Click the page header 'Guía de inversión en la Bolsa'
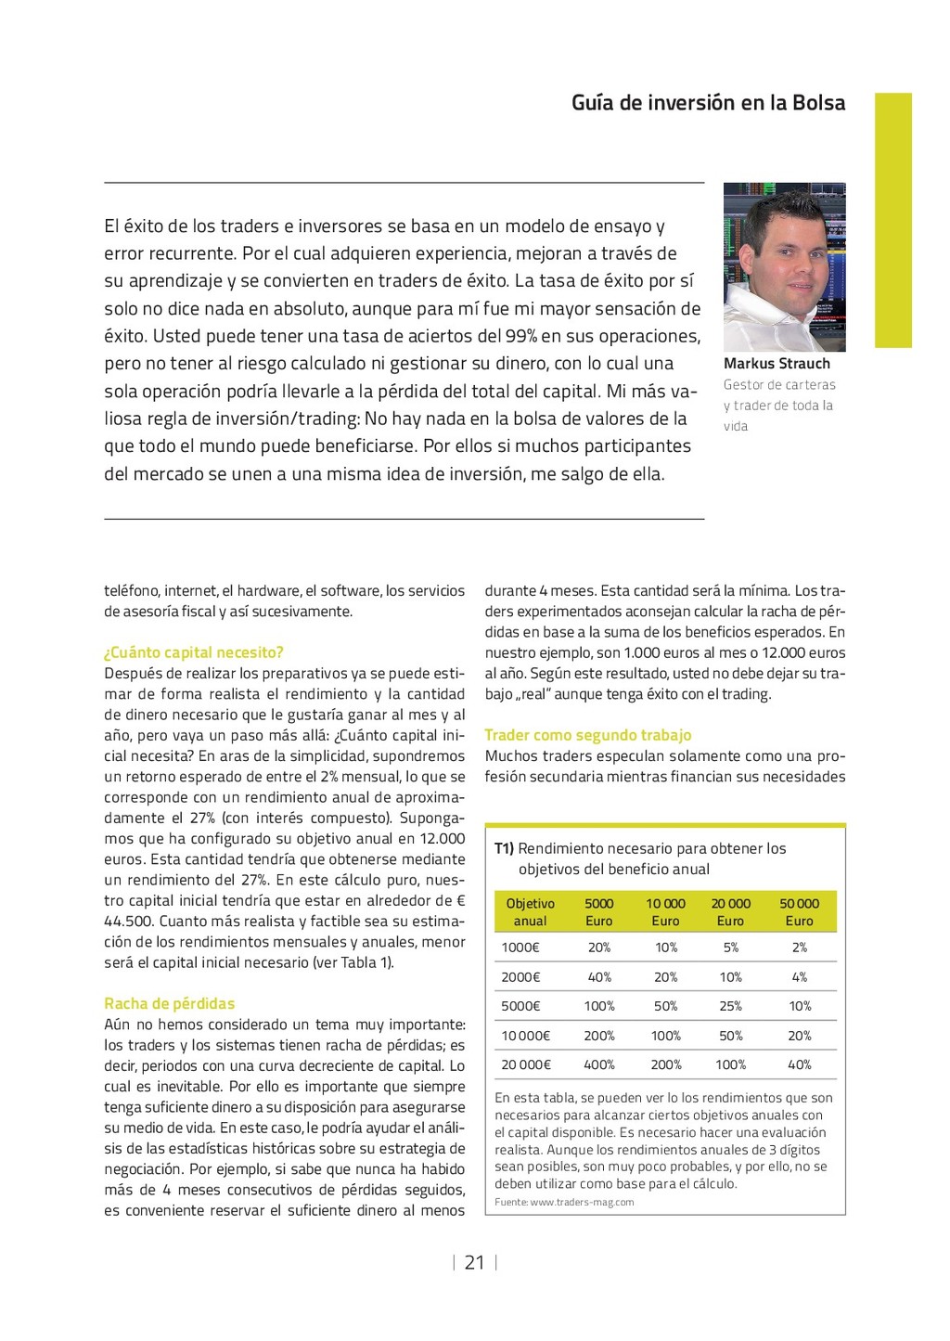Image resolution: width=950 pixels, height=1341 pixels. point(708,103)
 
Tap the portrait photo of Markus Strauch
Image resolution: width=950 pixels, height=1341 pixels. point(784,266)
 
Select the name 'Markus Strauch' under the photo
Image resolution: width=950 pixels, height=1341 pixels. point(777,364)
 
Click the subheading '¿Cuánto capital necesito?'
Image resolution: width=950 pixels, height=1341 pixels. point(194,652)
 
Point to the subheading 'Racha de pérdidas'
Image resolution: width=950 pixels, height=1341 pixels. point(170,1003)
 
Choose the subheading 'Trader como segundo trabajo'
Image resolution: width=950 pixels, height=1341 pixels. point(588,735)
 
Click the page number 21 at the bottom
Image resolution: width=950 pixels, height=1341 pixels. point(474,1262)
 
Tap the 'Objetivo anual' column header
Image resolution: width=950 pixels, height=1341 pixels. point(530,912)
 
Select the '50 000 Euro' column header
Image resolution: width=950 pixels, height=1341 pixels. point(799,912)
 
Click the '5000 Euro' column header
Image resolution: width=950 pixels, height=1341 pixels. point(599,912)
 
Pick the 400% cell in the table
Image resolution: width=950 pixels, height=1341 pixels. point(599,1064)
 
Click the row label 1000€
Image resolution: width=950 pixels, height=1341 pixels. point(520,948)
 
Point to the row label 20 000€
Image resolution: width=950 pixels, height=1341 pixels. point(526,1064)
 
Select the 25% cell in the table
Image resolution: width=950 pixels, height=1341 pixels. point(731,1006)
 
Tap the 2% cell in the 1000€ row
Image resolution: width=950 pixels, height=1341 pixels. point(800,948)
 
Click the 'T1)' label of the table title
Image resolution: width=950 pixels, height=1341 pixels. point(504,848)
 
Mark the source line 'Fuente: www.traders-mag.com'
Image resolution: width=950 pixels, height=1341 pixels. point(564,1202)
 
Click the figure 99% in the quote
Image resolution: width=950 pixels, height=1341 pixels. point(521,336)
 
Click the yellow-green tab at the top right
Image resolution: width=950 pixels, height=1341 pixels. point(893,220)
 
